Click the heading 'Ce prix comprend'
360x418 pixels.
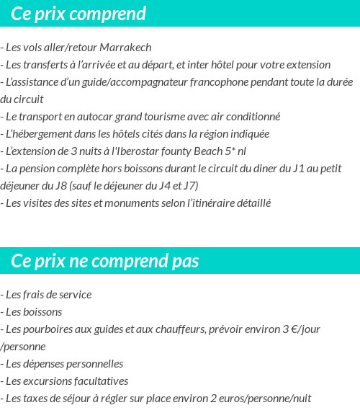pos(78,14)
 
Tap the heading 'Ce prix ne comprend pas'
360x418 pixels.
pos(105,260)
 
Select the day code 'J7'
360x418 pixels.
pos(189,186)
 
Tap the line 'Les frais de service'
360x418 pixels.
pos(48,295)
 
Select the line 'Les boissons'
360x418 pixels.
pos(33,312)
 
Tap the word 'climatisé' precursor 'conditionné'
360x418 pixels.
pos(254,117)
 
